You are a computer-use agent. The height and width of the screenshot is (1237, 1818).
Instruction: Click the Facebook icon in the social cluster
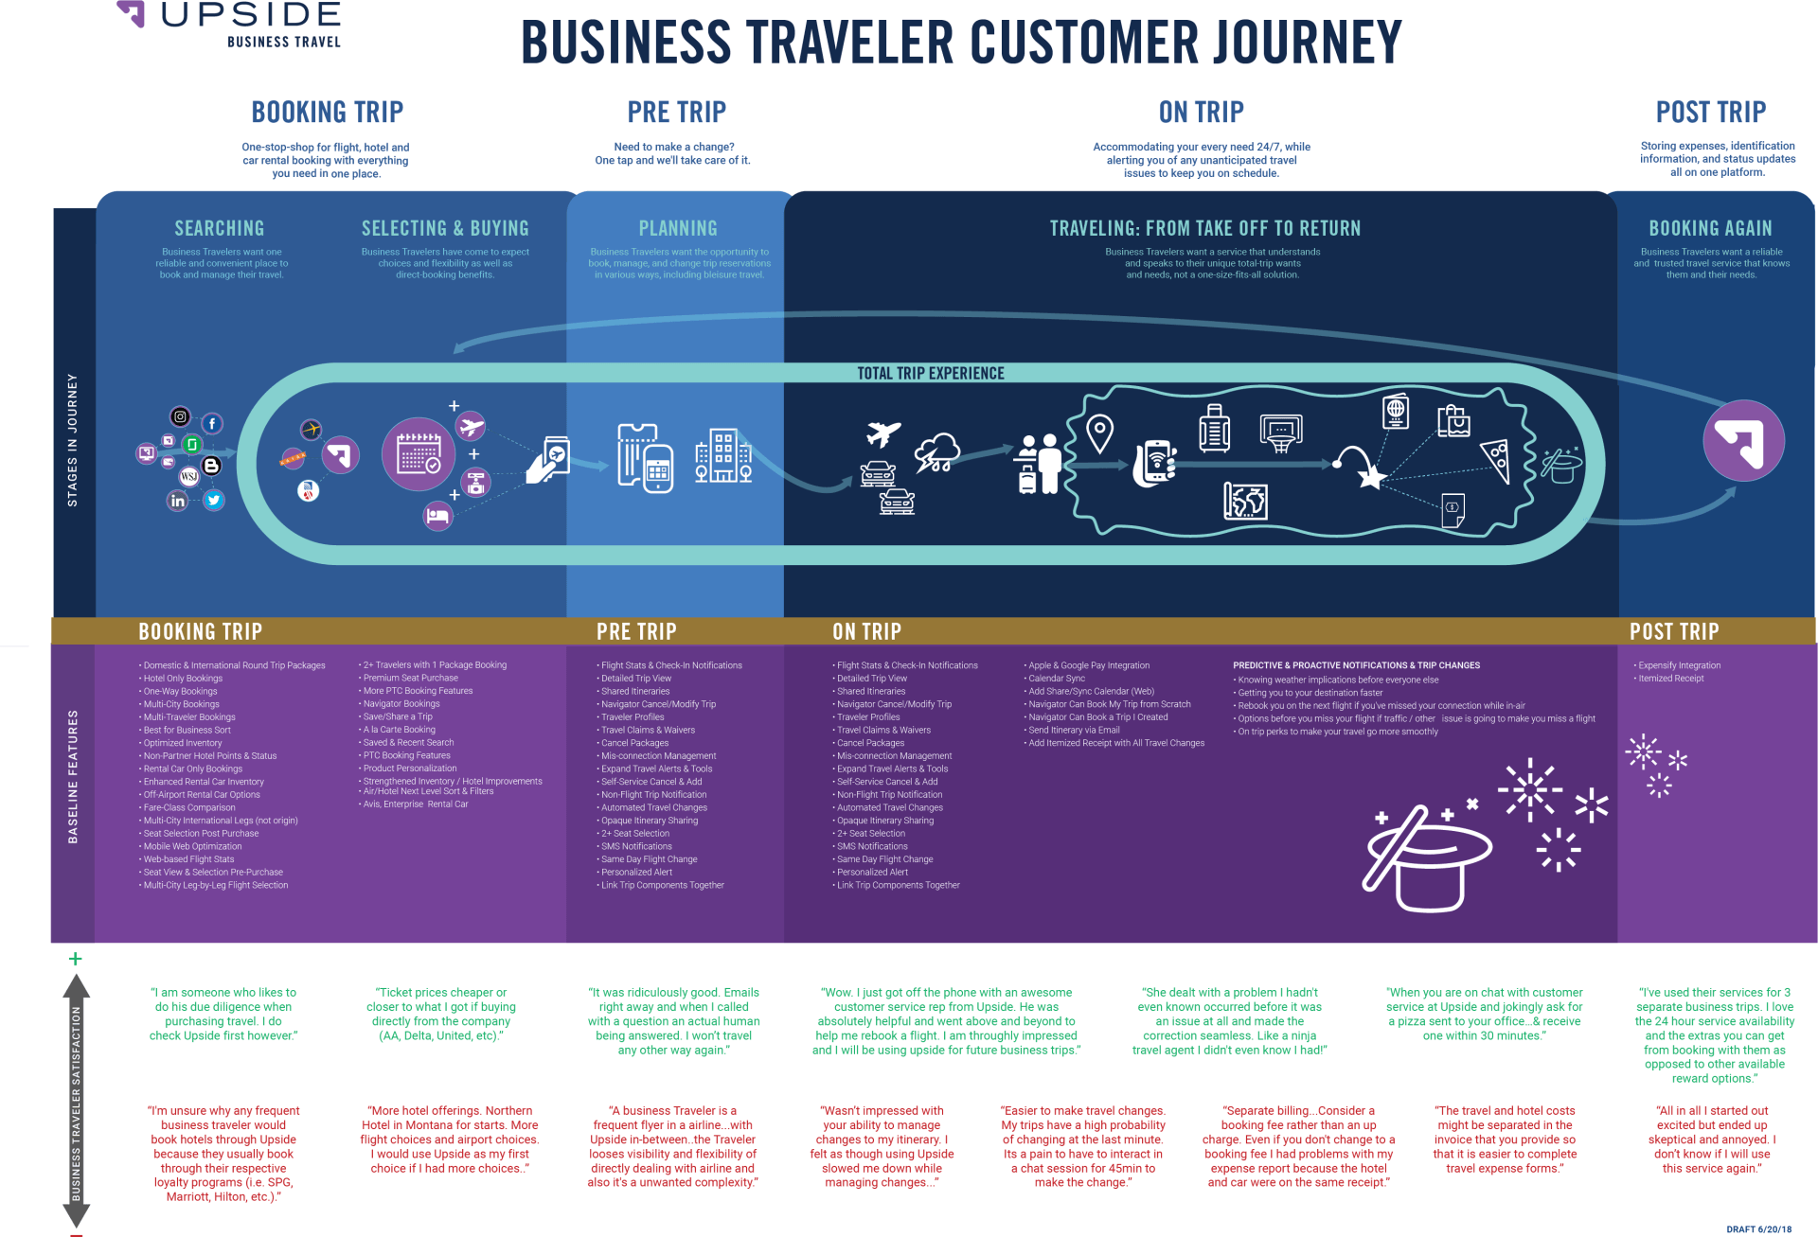212,424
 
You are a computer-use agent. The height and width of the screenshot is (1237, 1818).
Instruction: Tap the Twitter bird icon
215,501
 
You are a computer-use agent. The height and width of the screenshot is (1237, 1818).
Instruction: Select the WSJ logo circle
188,476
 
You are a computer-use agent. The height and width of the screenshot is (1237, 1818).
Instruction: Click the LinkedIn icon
178,501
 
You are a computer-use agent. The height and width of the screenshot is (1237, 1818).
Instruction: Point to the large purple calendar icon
419,454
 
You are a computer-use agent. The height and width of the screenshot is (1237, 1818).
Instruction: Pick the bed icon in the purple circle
437,516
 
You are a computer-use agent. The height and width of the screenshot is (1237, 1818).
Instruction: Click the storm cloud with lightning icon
937,453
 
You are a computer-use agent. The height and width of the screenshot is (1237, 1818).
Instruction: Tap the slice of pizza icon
1496,461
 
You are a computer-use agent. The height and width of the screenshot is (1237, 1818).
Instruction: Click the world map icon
1245,501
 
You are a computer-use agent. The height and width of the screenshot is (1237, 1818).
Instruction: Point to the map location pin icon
1099,433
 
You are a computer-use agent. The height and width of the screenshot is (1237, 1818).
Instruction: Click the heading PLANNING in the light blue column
678,229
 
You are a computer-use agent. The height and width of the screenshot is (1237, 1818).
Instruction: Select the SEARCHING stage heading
220,229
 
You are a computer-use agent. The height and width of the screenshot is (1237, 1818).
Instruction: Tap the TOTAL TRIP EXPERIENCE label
931,374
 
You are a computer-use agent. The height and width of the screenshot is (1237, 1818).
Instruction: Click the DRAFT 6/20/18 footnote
1758,1229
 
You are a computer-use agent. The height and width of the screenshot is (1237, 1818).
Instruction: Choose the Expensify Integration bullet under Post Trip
1679,665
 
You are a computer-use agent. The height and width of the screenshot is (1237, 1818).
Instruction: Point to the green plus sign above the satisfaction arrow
76,959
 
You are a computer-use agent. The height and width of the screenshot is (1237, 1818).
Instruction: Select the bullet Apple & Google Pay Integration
1089,665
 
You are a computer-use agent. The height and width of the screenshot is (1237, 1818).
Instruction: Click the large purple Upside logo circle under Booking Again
1743,441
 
